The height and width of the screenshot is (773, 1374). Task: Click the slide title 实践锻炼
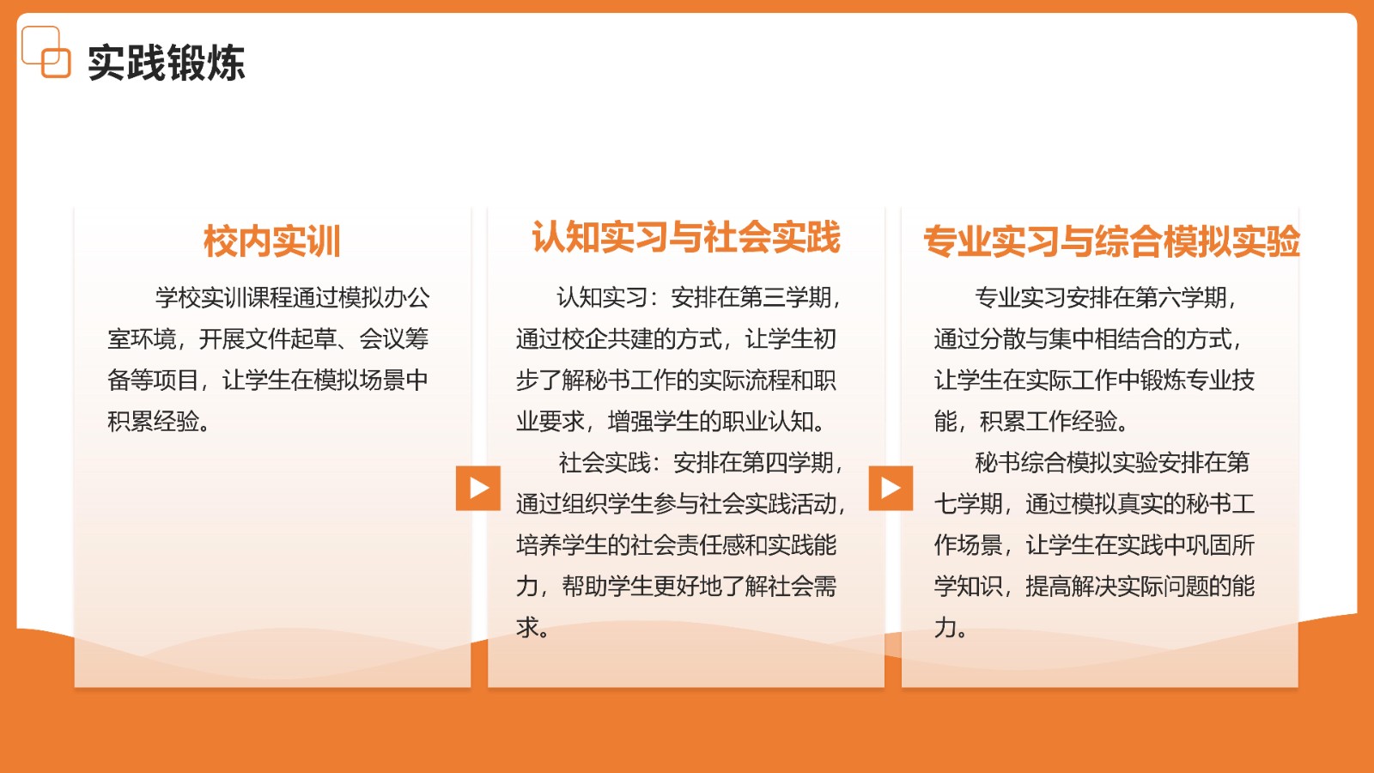pyautogui.click(x=167, y=63)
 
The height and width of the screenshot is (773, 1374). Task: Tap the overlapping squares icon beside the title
pyautogui.click(x=46, y=52)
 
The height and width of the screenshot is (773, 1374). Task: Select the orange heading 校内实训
pyautogui.click(x=271, y=241)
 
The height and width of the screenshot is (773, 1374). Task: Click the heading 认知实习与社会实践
pyautogui.click(x=686, y=237)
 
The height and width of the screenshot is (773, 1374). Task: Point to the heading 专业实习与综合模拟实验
pyautogui.click(x=1111, y=241)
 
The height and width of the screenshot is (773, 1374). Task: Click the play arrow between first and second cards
pyautogui.click(x=477, y=489)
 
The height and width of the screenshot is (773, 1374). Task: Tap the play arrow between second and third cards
pyautogui.click(x=891, y=489)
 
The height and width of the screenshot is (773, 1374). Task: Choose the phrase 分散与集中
pyautogui.click(x=1037, y=338)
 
